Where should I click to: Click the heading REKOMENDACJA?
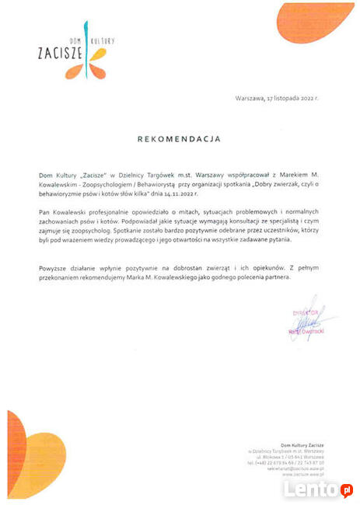tap(179, 139)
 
